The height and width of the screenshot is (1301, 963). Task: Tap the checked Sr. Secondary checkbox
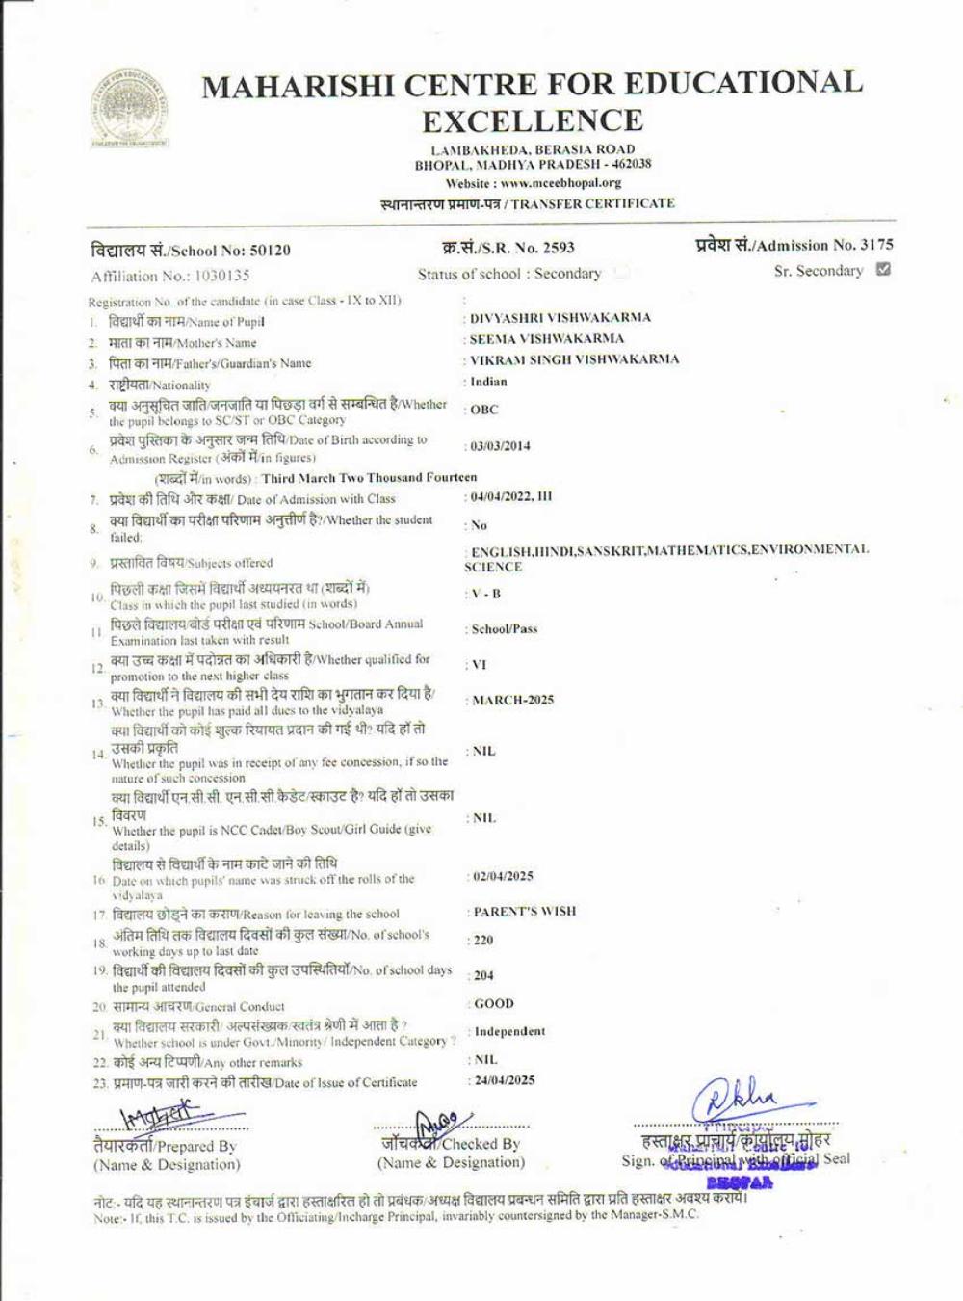point(883,270)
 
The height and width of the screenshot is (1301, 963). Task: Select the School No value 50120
point(269,251)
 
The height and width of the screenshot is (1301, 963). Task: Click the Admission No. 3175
point(875,245)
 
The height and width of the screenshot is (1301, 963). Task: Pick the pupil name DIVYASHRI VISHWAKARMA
point(560,318)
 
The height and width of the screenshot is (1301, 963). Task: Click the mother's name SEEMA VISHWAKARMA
point(546,339)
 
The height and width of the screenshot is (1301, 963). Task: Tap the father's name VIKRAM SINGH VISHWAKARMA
point(574,360)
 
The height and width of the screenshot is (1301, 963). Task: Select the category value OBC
point(484,410)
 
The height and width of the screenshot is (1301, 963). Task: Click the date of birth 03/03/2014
point(501,446)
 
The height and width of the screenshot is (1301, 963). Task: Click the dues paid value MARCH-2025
point(512,701)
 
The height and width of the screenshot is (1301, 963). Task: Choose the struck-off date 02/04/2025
point(503,877)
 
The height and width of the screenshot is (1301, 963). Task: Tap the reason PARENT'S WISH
point(524,912)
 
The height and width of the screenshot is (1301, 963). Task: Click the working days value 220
point(483,941)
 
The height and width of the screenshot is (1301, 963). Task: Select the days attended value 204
point(483,976)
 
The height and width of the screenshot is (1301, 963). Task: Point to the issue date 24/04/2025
point(503,1080)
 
